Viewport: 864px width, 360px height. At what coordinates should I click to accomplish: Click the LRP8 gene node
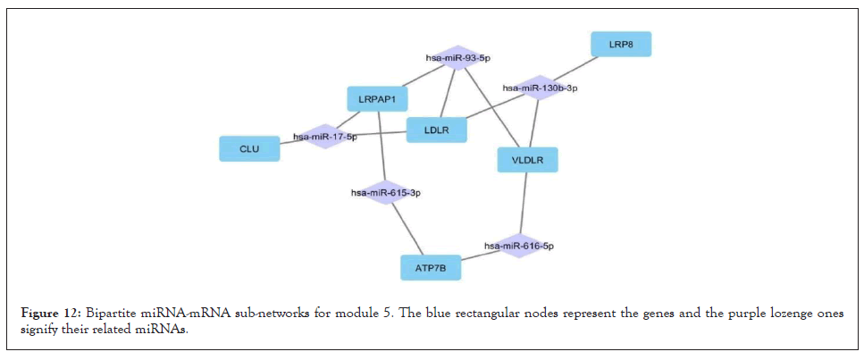(621, 44)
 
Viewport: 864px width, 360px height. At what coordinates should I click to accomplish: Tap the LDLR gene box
(437, 130)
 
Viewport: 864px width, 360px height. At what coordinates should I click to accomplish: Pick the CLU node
(249, 148)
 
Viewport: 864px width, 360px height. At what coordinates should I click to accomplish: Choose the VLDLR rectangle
(527, 160)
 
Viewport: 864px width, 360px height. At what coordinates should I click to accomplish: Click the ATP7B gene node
(431, 267)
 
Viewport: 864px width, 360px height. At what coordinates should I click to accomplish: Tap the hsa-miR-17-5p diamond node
(324, 137)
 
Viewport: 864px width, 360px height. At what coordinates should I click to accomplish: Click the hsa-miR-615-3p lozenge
(385, 192)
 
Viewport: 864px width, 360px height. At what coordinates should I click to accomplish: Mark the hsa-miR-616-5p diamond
(519, 245)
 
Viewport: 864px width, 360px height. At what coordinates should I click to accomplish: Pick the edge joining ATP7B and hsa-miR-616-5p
(479, 255)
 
